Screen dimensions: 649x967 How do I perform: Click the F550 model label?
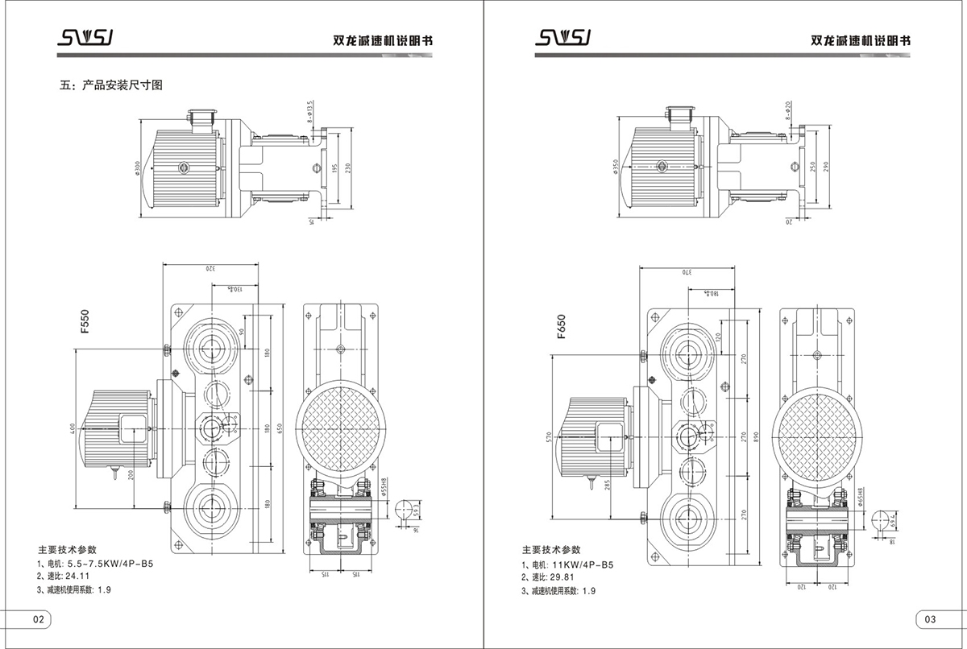85,321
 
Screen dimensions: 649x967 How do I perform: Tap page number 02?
38,619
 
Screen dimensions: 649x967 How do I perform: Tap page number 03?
929,619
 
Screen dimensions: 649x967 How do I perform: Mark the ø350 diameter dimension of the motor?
616,167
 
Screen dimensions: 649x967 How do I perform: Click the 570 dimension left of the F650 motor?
549,436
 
